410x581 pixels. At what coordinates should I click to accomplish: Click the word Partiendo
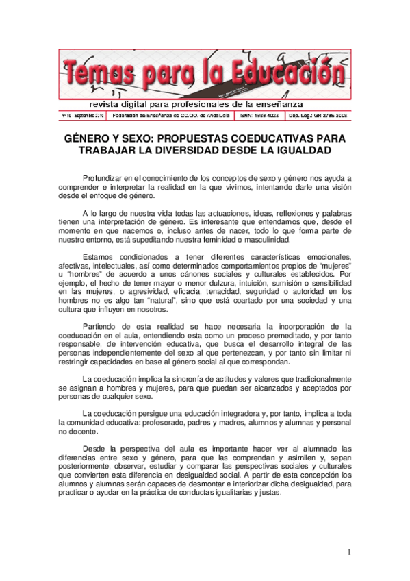point(101,326)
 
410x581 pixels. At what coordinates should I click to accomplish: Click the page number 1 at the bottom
point(349,552)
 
